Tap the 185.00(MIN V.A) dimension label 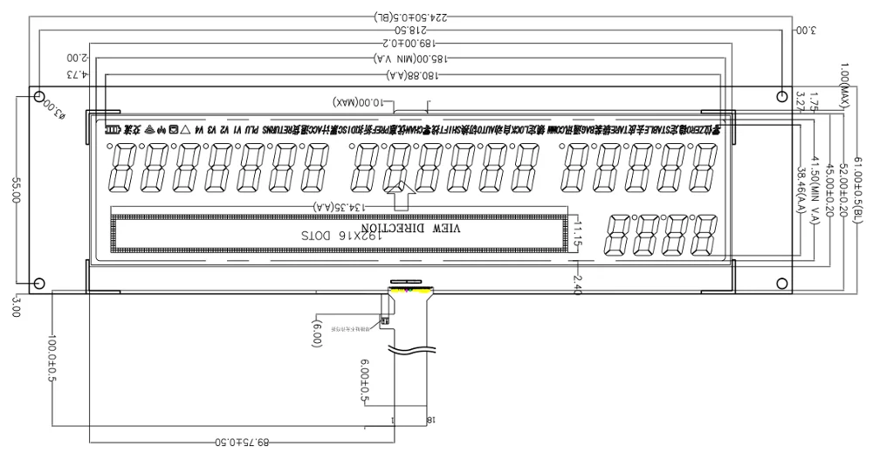pos(409,57)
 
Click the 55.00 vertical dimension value pos(15,193)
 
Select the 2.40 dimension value pos(577,284)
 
